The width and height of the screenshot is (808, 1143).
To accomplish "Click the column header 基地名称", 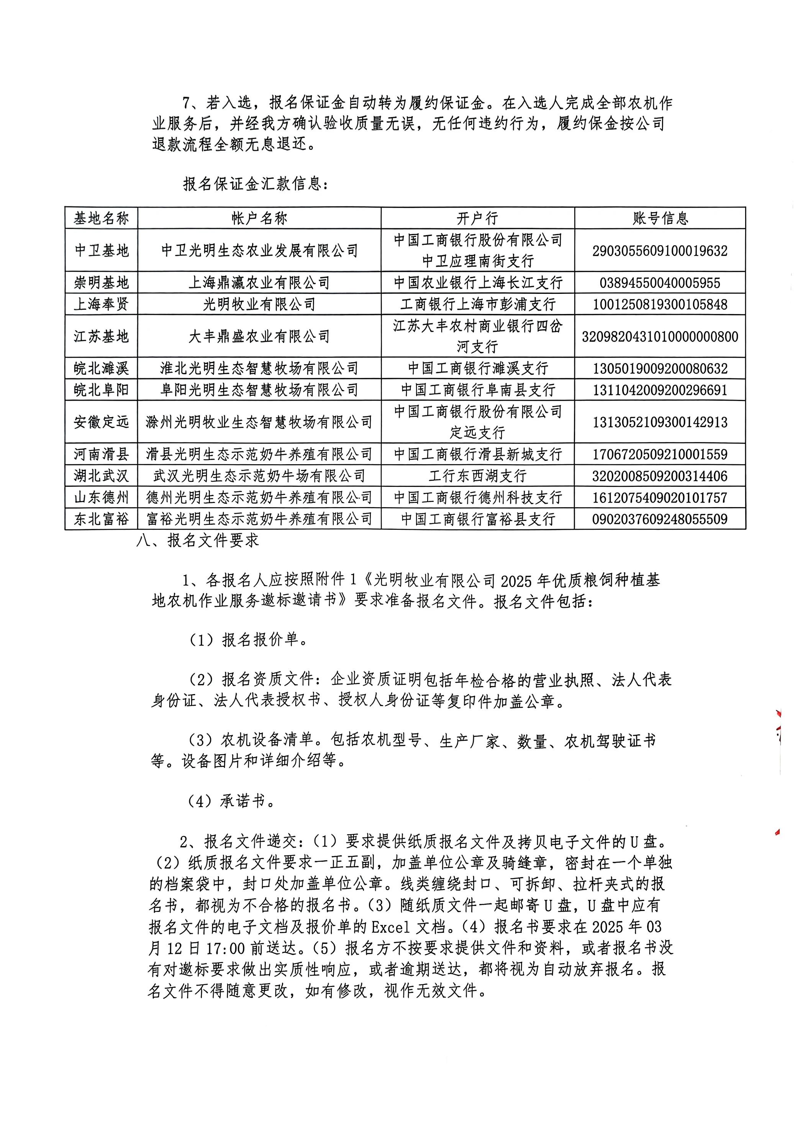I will click(x=101, y=218).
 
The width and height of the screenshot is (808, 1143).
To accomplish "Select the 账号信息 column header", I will click(x=660, y=218).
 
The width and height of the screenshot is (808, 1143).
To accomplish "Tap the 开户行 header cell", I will click(x=477, y=218).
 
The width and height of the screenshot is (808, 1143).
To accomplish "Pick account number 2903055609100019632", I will click(x=660, y=251).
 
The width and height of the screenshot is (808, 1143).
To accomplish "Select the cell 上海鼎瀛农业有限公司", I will click(x=259, y=283).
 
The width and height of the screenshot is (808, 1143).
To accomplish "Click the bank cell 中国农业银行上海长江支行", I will click(x=477, y=283).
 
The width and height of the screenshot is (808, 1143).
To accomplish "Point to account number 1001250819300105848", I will click(x=660, y=304).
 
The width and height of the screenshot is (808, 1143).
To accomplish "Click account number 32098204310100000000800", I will click(x=660, y=337).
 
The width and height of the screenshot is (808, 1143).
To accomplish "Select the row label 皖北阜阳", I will click(x=101, y=390).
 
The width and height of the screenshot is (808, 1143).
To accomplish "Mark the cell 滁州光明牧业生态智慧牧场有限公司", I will click(x=259, y=422).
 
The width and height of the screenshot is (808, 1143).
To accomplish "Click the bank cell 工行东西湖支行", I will click(x=477, y=476).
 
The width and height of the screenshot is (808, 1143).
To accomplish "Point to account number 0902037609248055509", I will click(x=660, y=519).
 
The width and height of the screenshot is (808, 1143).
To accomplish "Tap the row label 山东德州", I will click(x=101, y=497).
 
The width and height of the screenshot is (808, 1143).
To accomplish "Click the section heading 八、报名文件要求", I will click(x=198, y=540).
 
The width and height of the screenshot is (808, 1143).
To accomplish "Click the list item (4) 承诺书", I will click(x=231, y=801).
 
